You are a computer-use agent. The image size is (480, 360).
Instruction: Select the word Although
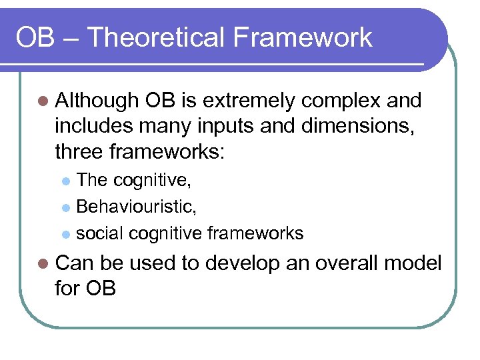point(96,101)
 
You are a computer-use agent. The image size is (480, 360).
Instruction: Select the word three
point(78,153)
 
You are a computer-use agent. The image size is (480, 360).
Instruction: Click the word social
point(100,233)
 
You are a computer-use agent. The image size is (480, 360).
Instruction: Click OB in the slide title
point(35,37)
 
